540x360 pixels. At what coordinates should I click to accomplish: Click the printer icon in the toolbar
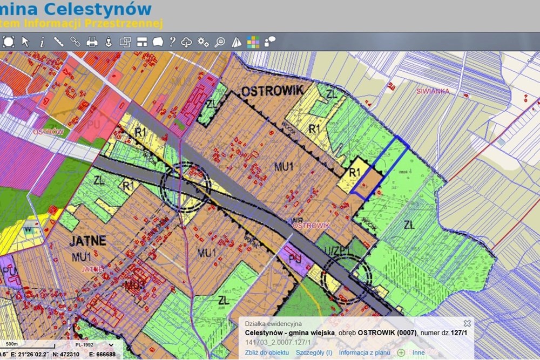click(x=92, y=42)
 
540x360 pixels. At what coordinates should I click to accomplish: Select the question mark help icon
click(x=172, y=42)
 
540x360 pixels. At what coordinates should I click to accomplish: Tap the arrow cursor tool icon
click(x=25, y=42)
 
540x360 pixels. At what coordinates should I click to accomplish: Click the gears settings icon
click(x=203, y=42)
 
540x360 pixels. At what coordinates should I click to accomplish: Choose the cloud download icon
click(x=187, y=42)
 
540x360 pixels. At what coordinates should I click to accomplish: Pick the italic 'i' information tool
click(x=42, y=42)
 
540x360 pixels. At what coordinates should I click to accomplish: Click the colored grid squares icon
click(x=253, y=42)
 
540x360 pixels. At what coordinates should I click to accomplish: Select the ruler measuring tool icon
click(x=58, y=42)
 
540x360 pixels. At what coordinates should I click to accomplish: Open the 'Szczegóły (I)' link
click(x=314, y=352)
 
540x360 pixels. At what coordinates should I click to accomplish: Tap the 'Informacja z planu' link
click(x=364, y=352)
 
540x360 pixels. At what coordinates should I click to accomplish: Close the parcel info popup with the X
click(x=467, y=323)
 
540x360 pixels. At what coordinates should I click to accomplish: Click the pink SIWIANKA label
click(x=433, y=91)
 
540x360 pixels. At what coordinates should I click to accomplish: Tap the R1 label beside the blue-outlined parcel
click(x=355, y=172)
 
